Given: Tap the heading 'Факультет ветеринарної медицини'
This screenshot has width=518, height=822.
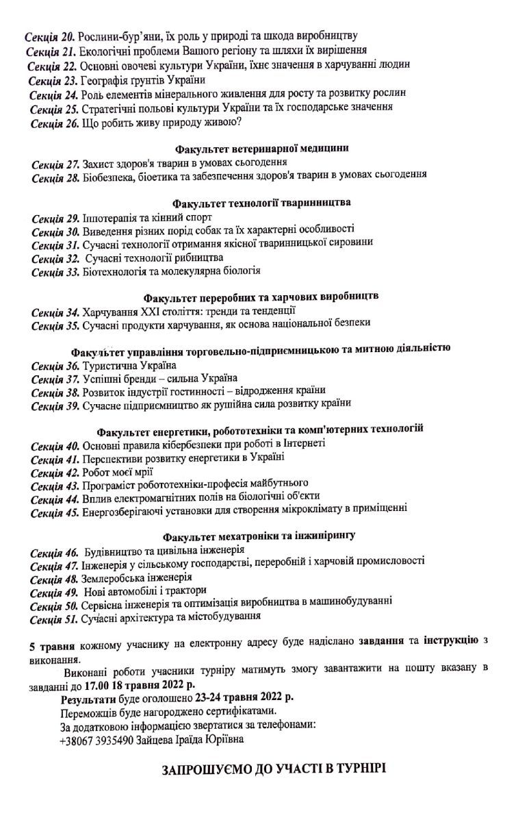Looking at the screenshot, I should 262,148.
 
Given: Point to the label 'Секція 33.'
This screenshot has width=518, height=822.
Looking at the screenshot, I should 55,271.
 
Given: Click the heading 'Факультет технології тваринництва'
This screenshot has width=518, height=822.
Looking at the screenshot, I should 261,203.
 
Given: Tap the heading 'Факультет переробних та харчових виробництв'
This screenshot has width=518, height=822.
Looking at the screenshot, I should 261,297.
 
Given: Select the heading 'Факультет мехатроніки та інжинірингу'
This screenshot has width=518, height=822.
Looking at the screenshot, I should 263,534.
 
